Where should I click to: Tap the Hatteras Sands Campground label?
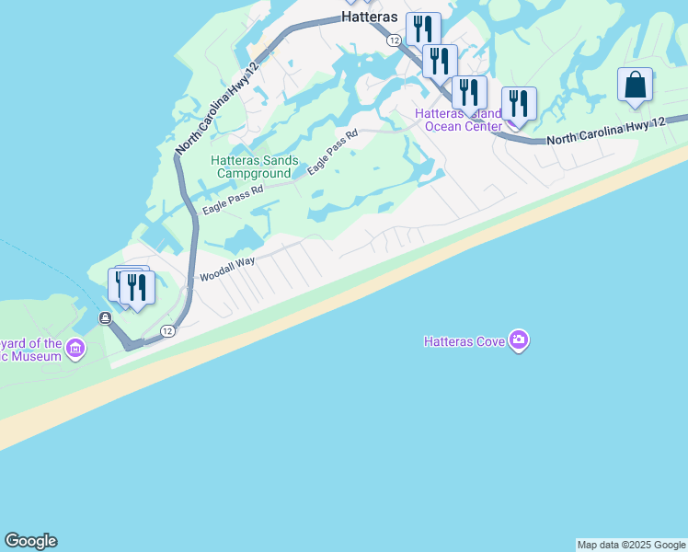click(x=255, y=166)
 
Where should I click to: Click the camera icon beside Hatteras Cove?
click(x=520, y=340)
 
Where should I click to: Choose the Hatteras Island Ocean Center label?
click(x=458, y=120)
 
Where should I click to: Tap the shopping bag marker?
click(x=635, y=86)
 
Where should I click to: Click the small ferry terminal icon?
click(x=106, y=318)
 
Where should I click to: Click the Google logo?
click(x=30, y=541)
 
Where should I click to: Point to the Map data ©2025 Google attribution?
click(x=631, y=545)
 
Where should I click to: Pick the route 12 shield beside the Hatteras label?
click(x=394, y=40)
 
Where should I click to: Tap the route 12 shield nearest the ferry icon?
click(x=166, y=330)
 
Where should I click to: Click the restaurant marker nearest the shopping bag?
click(x=519, y=104)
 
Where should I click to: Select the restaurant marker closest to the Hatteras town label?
click(x=423, y=29)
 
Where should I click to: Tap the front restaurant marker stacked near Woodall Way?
click(x=137, y=288)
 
